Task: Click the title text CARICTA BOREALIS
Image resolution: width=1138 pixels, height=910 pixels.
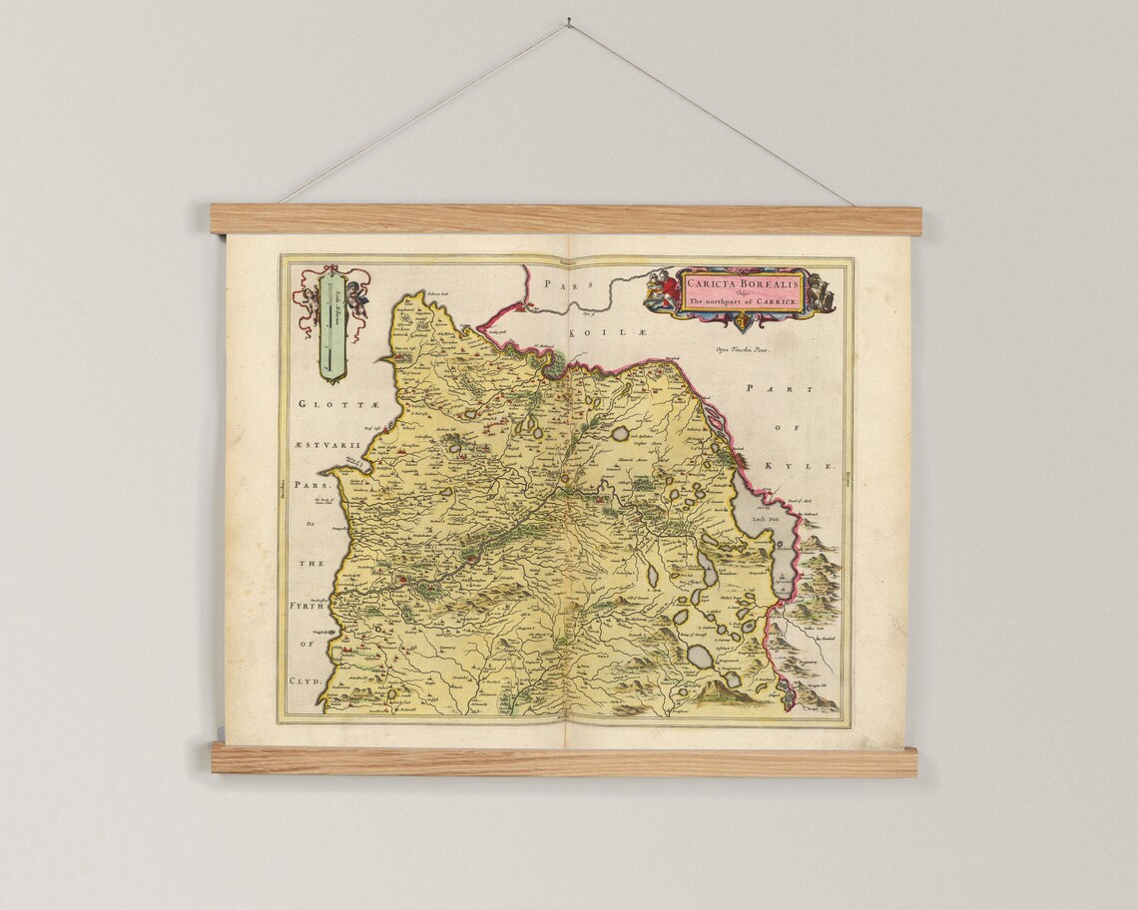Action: click(742, 282)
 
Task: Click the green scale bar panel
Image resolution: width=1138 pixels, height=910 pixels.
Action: click(331, 323)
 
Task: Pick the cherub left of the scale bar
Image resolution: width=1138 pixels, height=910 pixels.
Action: click(307, 296)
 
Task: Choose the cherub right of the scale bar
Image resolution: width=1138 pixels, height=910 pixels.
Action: click(356, 295)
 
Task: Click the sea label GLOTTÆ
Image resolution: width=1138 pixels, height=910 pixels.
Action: click(321, 404)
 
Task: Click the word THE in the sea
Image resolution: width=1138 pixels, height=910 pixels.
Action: click(313, 564)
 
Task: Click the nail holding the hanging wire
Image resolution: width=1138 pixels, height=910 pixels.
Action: click(568, 21)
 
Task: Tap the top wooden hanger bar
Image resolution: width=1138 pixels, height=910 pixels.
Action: click(565, 220)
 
